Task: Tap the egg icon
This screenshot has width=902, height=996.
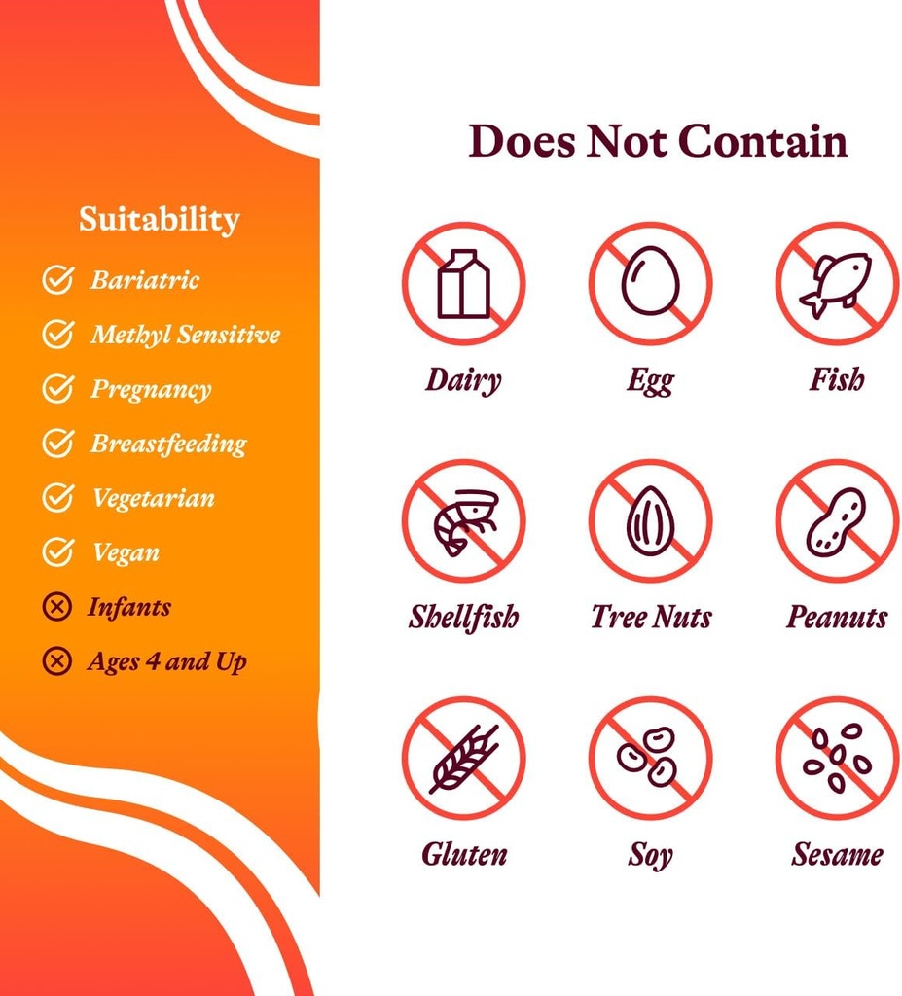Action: pyautogui.click(x=650, y=283)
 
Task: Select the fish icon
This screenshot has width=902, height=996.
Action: pyautogui.click(x=837, y=283)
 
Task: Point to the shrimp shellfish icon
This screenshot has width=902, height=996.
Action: pyautogui.click(x=463, y=520)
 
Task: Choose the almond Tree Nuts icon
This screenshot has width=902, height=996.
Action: pyautogui.click(x=650, y=520)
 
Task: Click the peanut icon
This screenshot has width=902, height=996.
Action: pyautogui.click(x=837, y=520)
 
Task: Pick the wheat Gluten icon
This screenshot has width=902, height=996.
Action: pyautogui.click(x=463, y=758)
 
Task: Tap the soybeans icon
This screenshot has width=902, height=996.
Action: pyautogui.click(x=650, y=758)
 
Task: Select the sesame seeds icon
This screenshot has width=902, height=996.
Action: pyautogui.click(x=837, y=758)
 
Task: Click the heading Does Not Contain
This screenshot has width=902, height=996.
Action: pyautogui.click(x=658, y=141)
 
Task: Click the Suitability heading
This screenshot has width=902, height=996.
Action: pyautogui.click(x=159, y=219)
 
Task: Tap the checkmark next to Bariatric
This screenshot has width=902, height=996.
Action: pyautogui.click(x=57, y=280)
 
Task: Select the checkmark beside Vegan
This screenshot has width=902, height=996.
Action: pyautogui.click(x=57, y=552)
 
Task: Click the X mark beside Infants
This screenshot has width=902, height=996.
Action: pyautogui.click(x=57, y=608)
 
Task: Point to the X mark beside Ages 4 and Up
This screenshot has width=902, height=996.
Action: pyautogui.click(x=57, y=662)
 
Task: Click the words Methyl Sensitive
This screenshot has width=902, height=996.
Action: pyautogui.click(x=185, y=335)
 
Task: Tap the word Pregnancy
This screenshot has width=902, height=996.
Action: pyautogui.click(x=151, y=389)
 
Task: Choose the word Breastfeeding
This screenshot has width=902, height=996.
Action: pyautogui.click(x=168, y=444)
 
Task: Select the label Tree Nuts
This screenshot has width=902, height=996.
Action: pyautogui.click(x=651, y=617)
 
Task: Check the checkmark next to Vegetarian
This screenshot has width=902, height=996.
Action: pyautogui.click(x=57, y=498)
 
